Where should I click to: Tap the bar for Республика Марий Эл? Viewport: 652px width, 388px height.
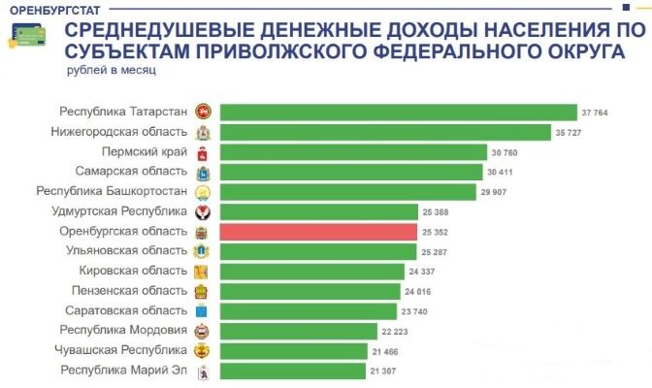click(292, 371)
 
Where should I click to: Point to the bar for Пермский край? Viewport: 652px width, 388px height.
click(353, 152)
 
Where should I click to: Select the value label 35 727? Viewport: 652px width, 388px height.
click(567, 133)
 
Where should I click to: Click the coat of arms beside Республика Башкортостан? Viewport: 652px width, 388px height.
click(202, 192)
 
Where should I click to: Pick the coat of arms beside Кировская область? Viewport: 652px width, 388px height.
click(202, 272)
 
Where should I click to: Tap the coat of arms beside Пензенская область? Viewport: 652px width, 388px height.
click(202, 291)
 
